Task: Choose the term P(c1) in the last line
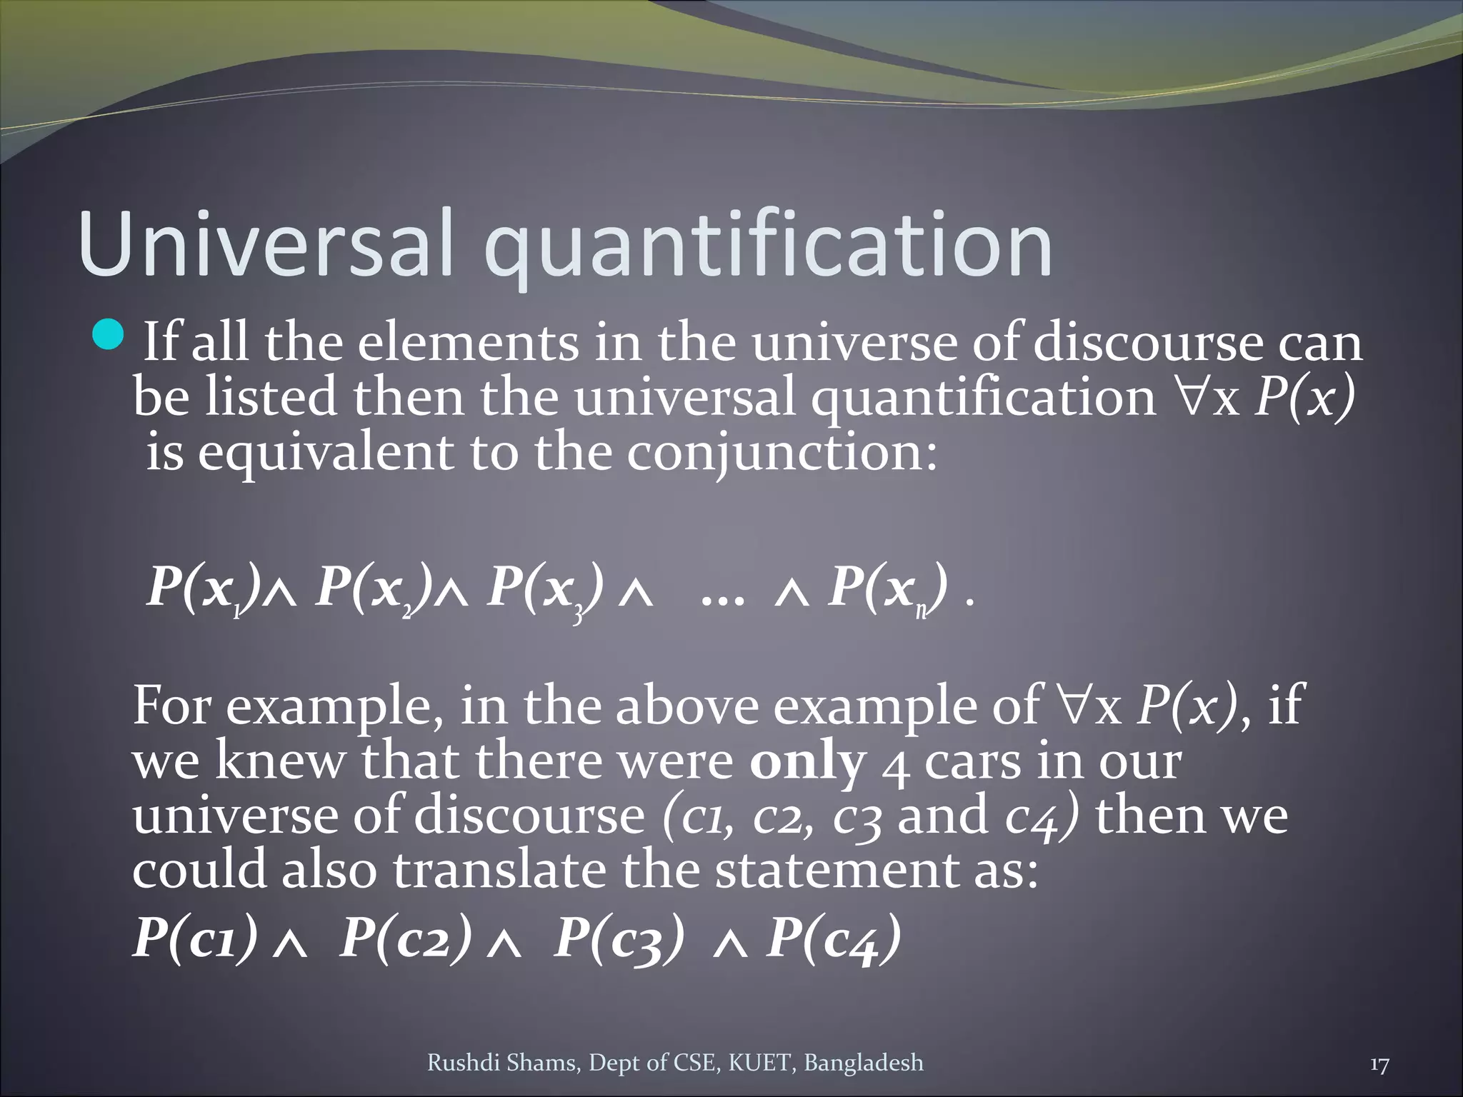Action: pyautogui.click(x=195, y=937)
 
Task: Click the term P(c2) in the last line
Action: pyautogui.click(x=405, y=937)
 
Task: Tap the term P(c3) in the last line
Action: pyautogui.click(x=619, y=937)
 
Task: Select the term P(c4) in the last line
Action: pyautogui.click(x=833, y=937)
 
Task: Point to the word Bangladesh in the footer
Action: pyautogui.click(x=864, y=1063)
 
